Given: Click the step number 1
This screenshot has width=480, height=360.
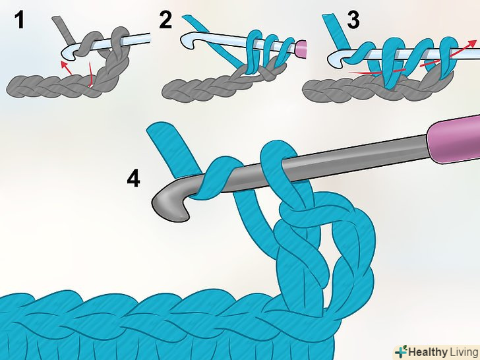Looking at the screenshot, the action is (x=19, y=20).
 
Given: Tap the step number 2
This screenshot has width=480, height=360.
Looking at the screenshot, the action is (x=165, y=20).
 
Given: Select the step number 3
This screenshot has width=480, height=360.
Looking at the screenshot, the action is (x=353, y=20).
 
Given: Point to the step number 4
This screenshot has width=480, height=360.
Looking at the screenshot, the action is (x=133, y=178).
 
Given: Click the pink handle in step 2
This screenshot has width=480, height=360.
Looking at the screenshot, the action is (x=301, y=48).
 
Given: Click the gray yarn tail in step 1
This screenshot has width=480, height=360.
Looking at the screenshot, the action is (x=62, y=30).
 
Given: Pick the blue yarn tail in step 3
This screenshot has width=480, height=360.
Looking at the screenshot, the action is (x=336, y=32).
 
